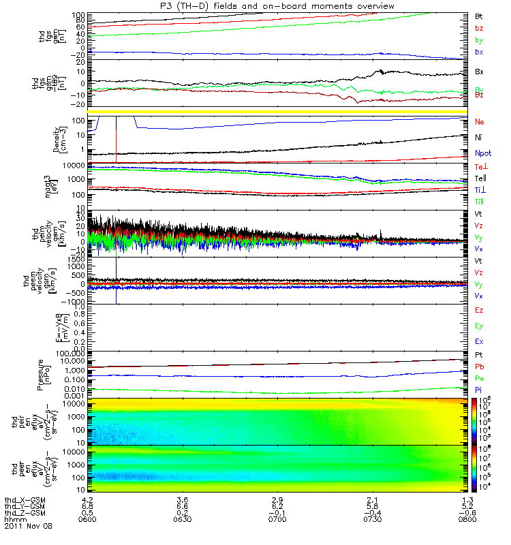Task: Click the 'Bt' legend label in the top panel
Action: [x=479, y=15]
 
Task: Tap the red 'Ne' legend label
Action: [x=479, y=121]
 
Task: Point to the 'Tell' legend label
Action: [x=480, y=178]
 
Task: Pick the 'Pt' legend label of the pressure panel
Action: [x=479, y=356]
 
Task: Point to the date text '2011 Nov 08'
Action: [x=28, y=527]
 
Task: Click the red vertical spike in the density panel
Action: [x=117, y=139]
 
